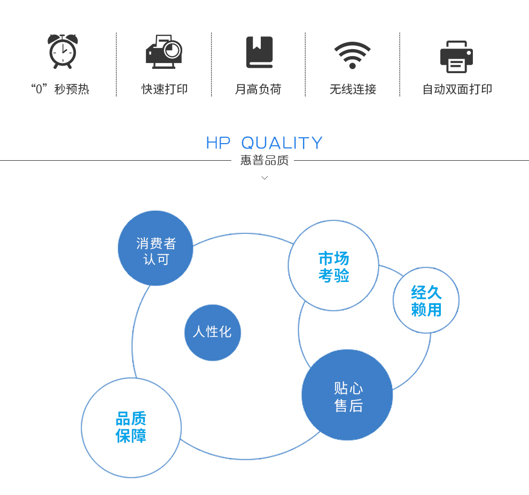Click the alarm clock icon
(63, 51)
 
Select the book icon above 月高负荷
(259, 52)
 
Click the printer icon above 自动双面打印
(456, 57)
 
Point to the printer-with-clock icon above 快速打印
(164, 52)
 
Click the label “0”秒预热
(60, 89)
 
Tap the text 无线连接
(353, 89)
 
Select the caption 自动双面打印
(457, 89)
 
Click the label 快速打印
(164, 89)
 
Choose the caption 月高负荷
(258, 89)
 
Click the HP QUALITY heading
(264, 143)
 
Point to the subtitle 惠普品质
(264, 161)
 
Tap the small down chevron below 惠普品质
(265, 178)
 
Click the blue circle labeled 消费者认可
(155, 248)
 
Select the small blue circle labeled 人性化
(213, 333)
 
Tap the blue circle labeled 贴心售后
(347, 395)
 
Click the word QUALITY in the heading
(282, 143)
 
